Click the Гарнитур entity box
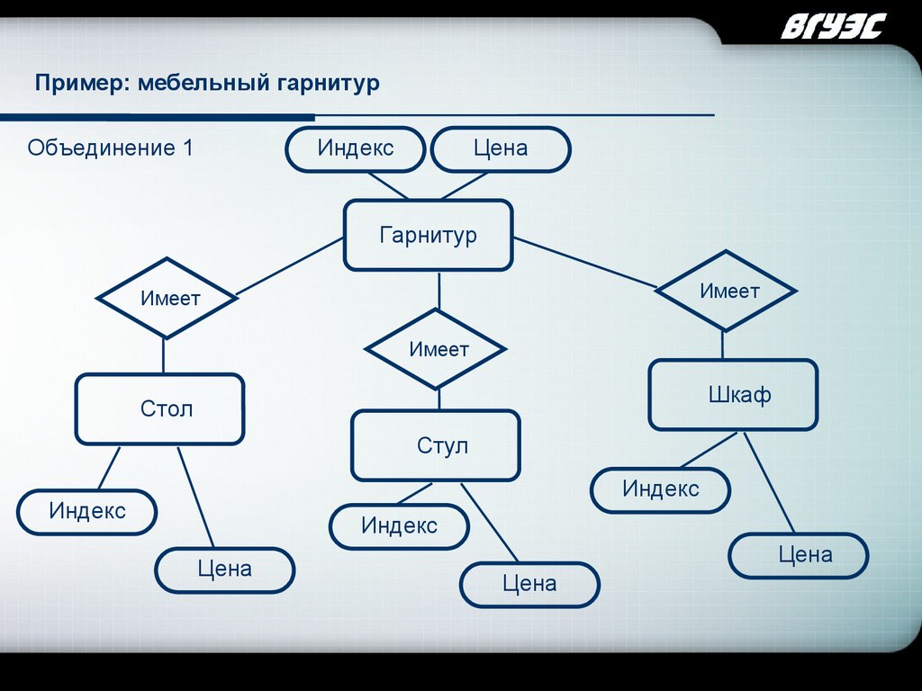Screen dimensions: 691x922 tap(428, 235)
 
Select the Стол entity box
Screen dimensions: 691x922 tap(159, 409)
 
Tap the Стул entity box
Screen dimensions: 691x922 tap(436, 445)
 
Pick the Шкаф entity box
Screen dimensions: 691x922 tap(733, 394)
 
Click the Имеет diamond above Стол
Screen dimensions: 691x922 tap(167, 298)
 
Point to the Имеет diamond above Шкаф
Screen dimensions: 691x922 tap(726, 291)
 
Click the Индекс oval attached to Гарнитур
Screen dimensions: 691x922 tap(355, 148)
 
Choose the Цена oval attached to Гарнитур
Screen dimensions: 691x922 tap(501, 148)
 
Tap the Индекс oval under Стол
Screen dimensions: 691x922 tap(87, 512)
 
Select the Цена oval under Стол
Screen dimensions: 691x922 tap(225, 570)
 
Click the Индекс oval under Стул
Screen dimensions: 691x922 tap(399, 526)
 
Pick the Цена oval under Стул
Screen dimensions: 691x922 tap(529, 585)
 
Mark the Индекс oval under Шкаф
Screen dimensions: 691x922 tap(660, 489)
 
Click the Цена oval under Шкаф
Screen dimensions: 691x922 tap(798, 555)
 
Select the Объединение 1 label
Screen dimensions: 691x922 tap(110, 148)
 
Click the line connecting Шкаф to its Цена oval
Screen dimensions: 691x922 tap(768, 481)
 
